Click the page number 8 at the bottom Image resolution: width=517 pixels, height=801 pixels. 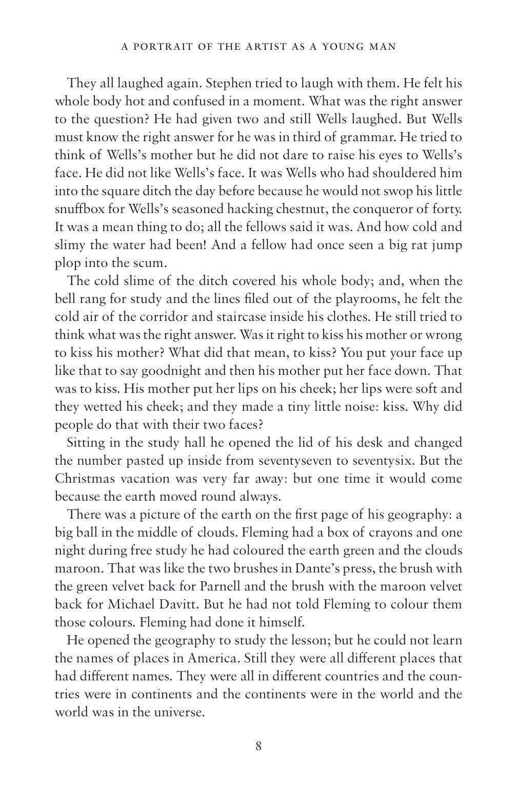[x=258, y=746]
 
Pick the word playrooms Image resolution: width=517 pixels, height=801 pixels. [x=335, y=299]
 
